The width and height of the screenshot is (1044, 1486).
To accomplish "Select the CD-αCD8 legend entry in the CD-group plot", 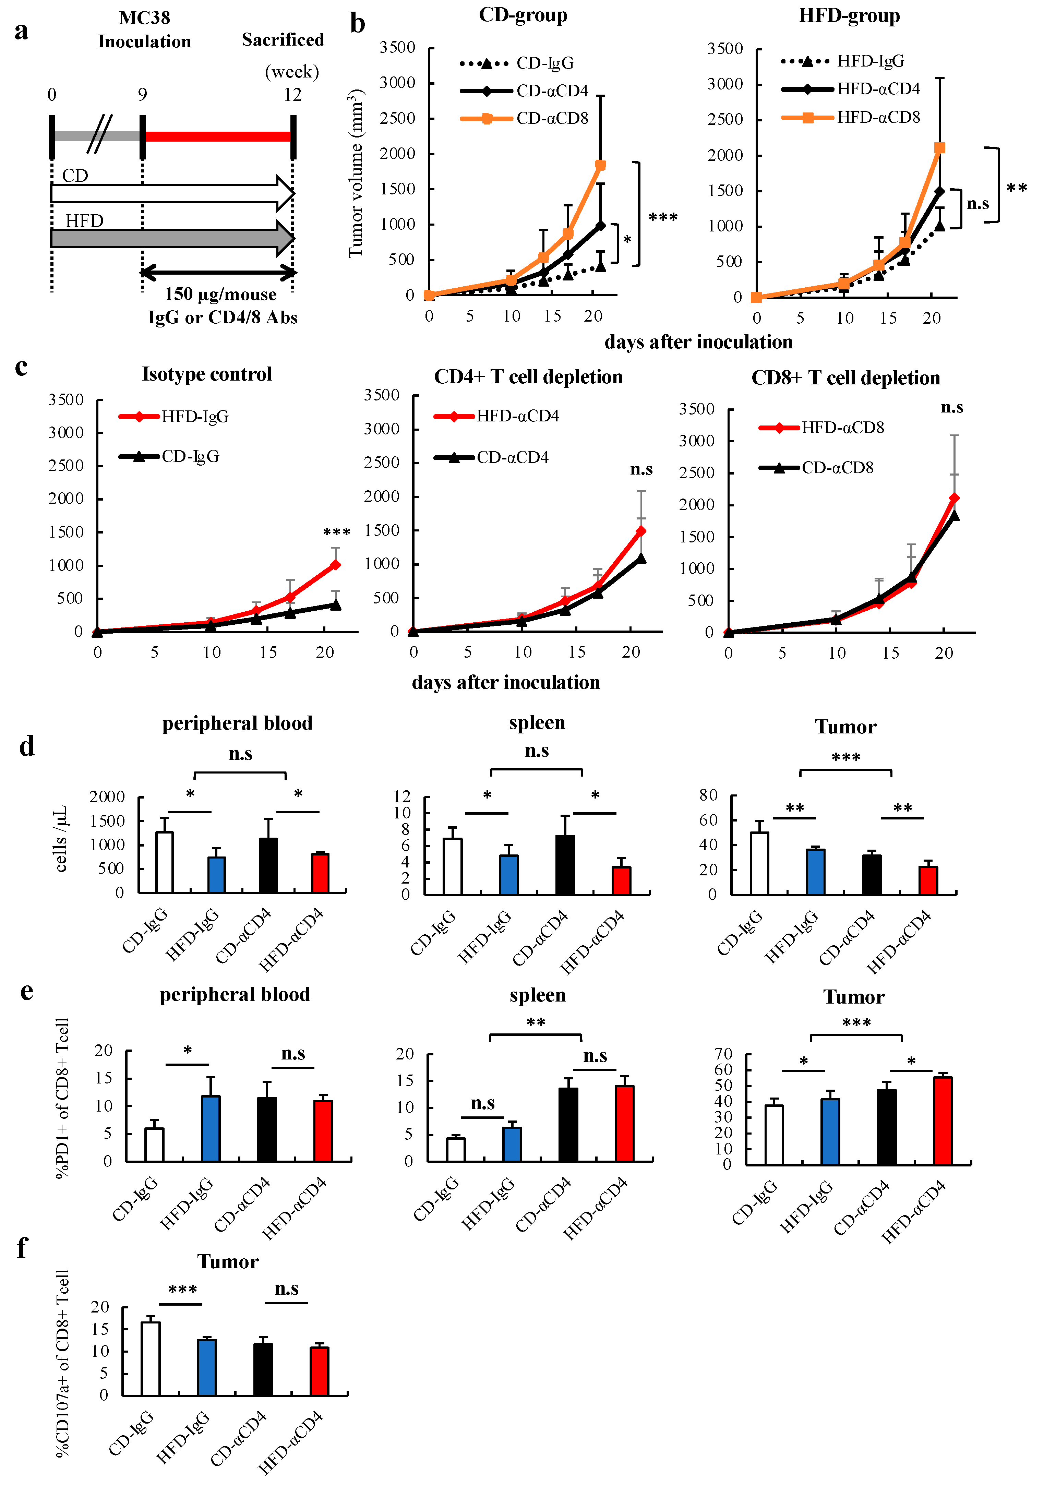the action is [524, 118].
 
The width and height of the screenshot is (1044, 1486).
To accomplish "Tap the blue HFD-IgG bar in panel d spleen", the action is [509, 875].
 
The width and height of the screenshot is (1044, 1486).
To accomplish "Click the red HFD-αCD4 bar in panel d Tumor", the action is [928, 881].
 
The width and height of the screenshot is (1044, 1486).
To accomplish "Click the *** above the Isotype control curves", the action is [337, 533].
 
